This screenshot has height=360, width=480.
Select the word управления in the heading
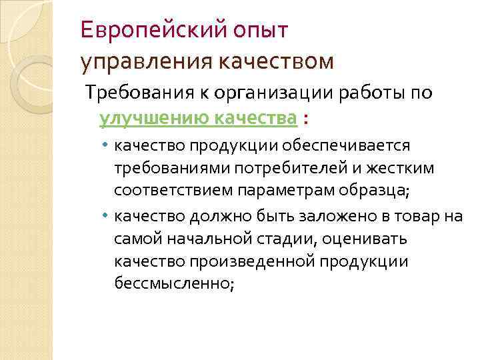point(143,62)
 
